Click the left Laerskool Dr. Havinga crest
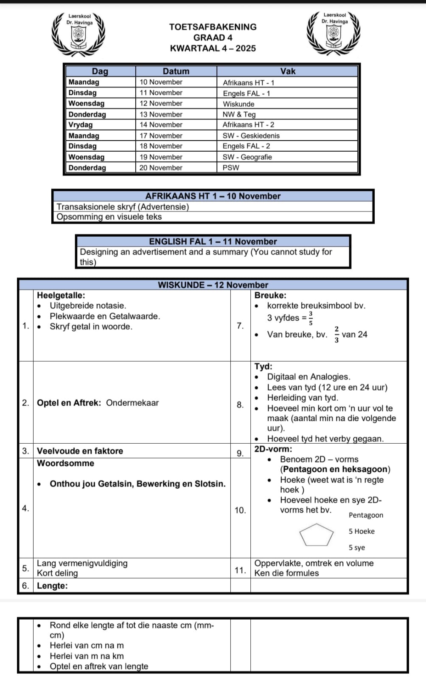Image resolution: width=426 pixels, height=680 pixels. click(x=78, y=34)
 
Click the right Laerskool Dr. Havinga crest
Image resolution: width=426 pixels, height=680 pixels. click(x=335, y=33)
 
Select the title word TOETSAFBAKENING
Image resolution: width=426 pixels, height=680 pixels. click(x=213, y=27)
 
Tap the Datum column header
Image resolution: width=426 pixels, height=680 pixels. click(x=176, y=71)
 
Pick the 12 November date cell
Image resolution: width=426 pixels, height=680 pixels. click(x=161, y=103)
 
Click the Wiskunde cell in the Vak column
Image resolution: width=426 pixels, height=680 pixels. click(x=238, y=104)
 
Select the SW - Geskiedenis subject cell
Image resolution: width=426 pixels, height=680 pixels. click(x=251, y=136)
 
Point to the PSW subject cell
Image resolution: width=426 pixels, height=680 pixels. click(x=231, y=167)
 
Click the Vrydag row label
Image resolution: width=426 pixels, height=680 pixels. click(x=81, y=125)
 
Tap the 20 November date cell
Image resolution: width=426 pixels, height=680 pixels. click(x=161, y=167)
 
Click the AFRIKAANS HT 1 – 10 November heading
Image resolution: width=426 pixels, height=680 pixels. click(x=213, y=196)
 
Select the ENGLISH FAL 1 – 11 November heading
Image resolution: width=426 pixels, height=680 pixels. click(x=213, y=241)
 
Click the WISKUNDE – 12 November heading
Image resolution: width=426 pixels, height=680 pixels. click(x=213, y=285)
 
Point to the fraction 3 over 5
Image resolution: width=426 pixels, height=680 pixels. click(x=311, y=318)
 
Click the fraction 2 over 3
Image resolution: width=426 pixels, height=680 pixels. click(x=336, y=334)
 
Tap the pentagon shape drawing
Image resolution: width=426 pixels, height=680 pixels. click(x=316, y=535)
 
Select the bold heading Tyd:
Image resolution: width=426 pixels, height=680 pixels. click(x=263, y=366)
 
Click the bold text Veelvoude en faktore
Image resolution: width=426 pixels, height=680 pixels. click(x=80, y=451)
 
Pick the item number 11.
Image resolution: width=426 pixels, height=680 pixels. click(x=240, y=570)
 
